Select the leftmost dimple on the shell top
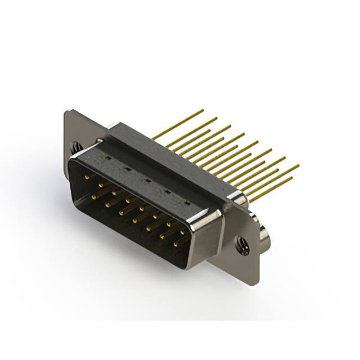point(105,159)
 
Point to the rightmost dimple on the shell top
point(187,201)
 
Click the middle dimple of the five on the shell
point(145,180)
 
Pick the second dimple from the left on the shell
point(125,169)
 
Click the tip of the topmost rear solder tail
point(203,110)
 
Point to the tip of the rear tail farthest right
point(299,166)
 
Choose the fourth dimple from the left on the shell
point(166,191)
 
